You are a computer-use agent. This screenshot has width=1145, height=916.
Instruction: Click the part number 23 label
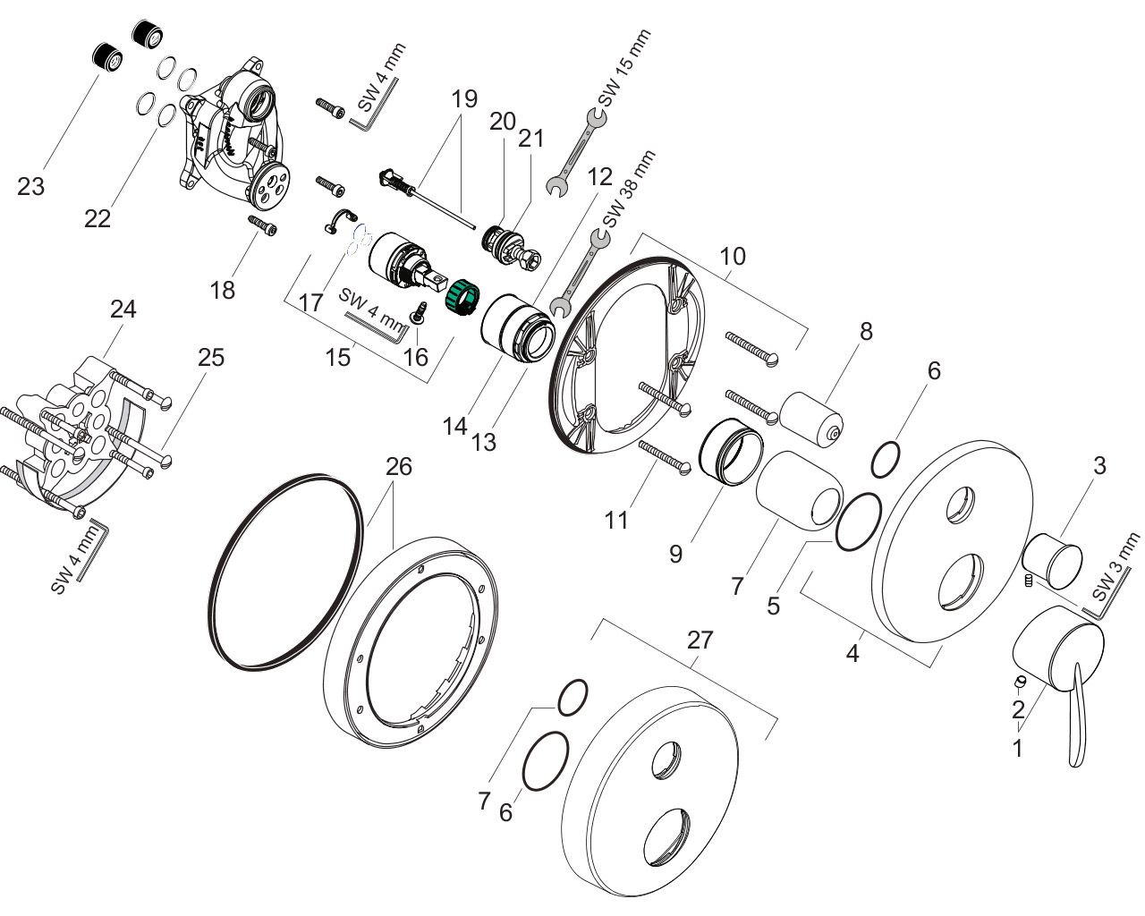click(x=30, y=187)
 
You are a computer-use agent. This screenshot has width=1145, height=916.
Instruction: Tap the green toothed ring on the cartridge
click(x=462, y=295)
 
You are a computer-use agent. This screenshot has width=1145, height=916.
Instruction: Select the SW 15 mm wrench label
click(x=623, y=69)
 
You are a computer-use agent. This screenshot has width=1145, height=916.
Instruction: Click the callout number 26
click(x=399, y=467)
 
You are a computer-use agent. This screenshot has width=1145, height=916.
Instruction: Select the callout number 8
click(x=865, y=331)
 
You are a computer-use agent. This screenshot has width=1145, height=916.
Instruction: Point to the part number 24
click(x=123, y=310)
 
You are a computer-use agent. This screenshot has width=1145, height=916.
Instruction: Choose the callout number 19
click(x=464, y=98)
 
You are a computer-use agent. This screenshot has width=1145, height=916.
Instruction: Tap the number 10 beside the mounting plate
click(x=733, y=257)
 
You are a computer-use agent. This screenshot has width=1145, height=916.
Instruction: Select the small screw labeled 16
click(x=417, y=314)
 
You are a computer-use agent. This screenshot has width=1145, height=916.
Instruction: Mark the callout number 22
click(x=98, y=217)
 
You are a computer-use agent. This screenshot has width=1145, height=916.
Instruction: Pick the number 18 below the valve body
click(x=222, y=289)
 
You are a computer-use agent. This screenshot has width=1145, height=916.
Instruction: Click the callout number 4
click(x=852, y=654)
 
